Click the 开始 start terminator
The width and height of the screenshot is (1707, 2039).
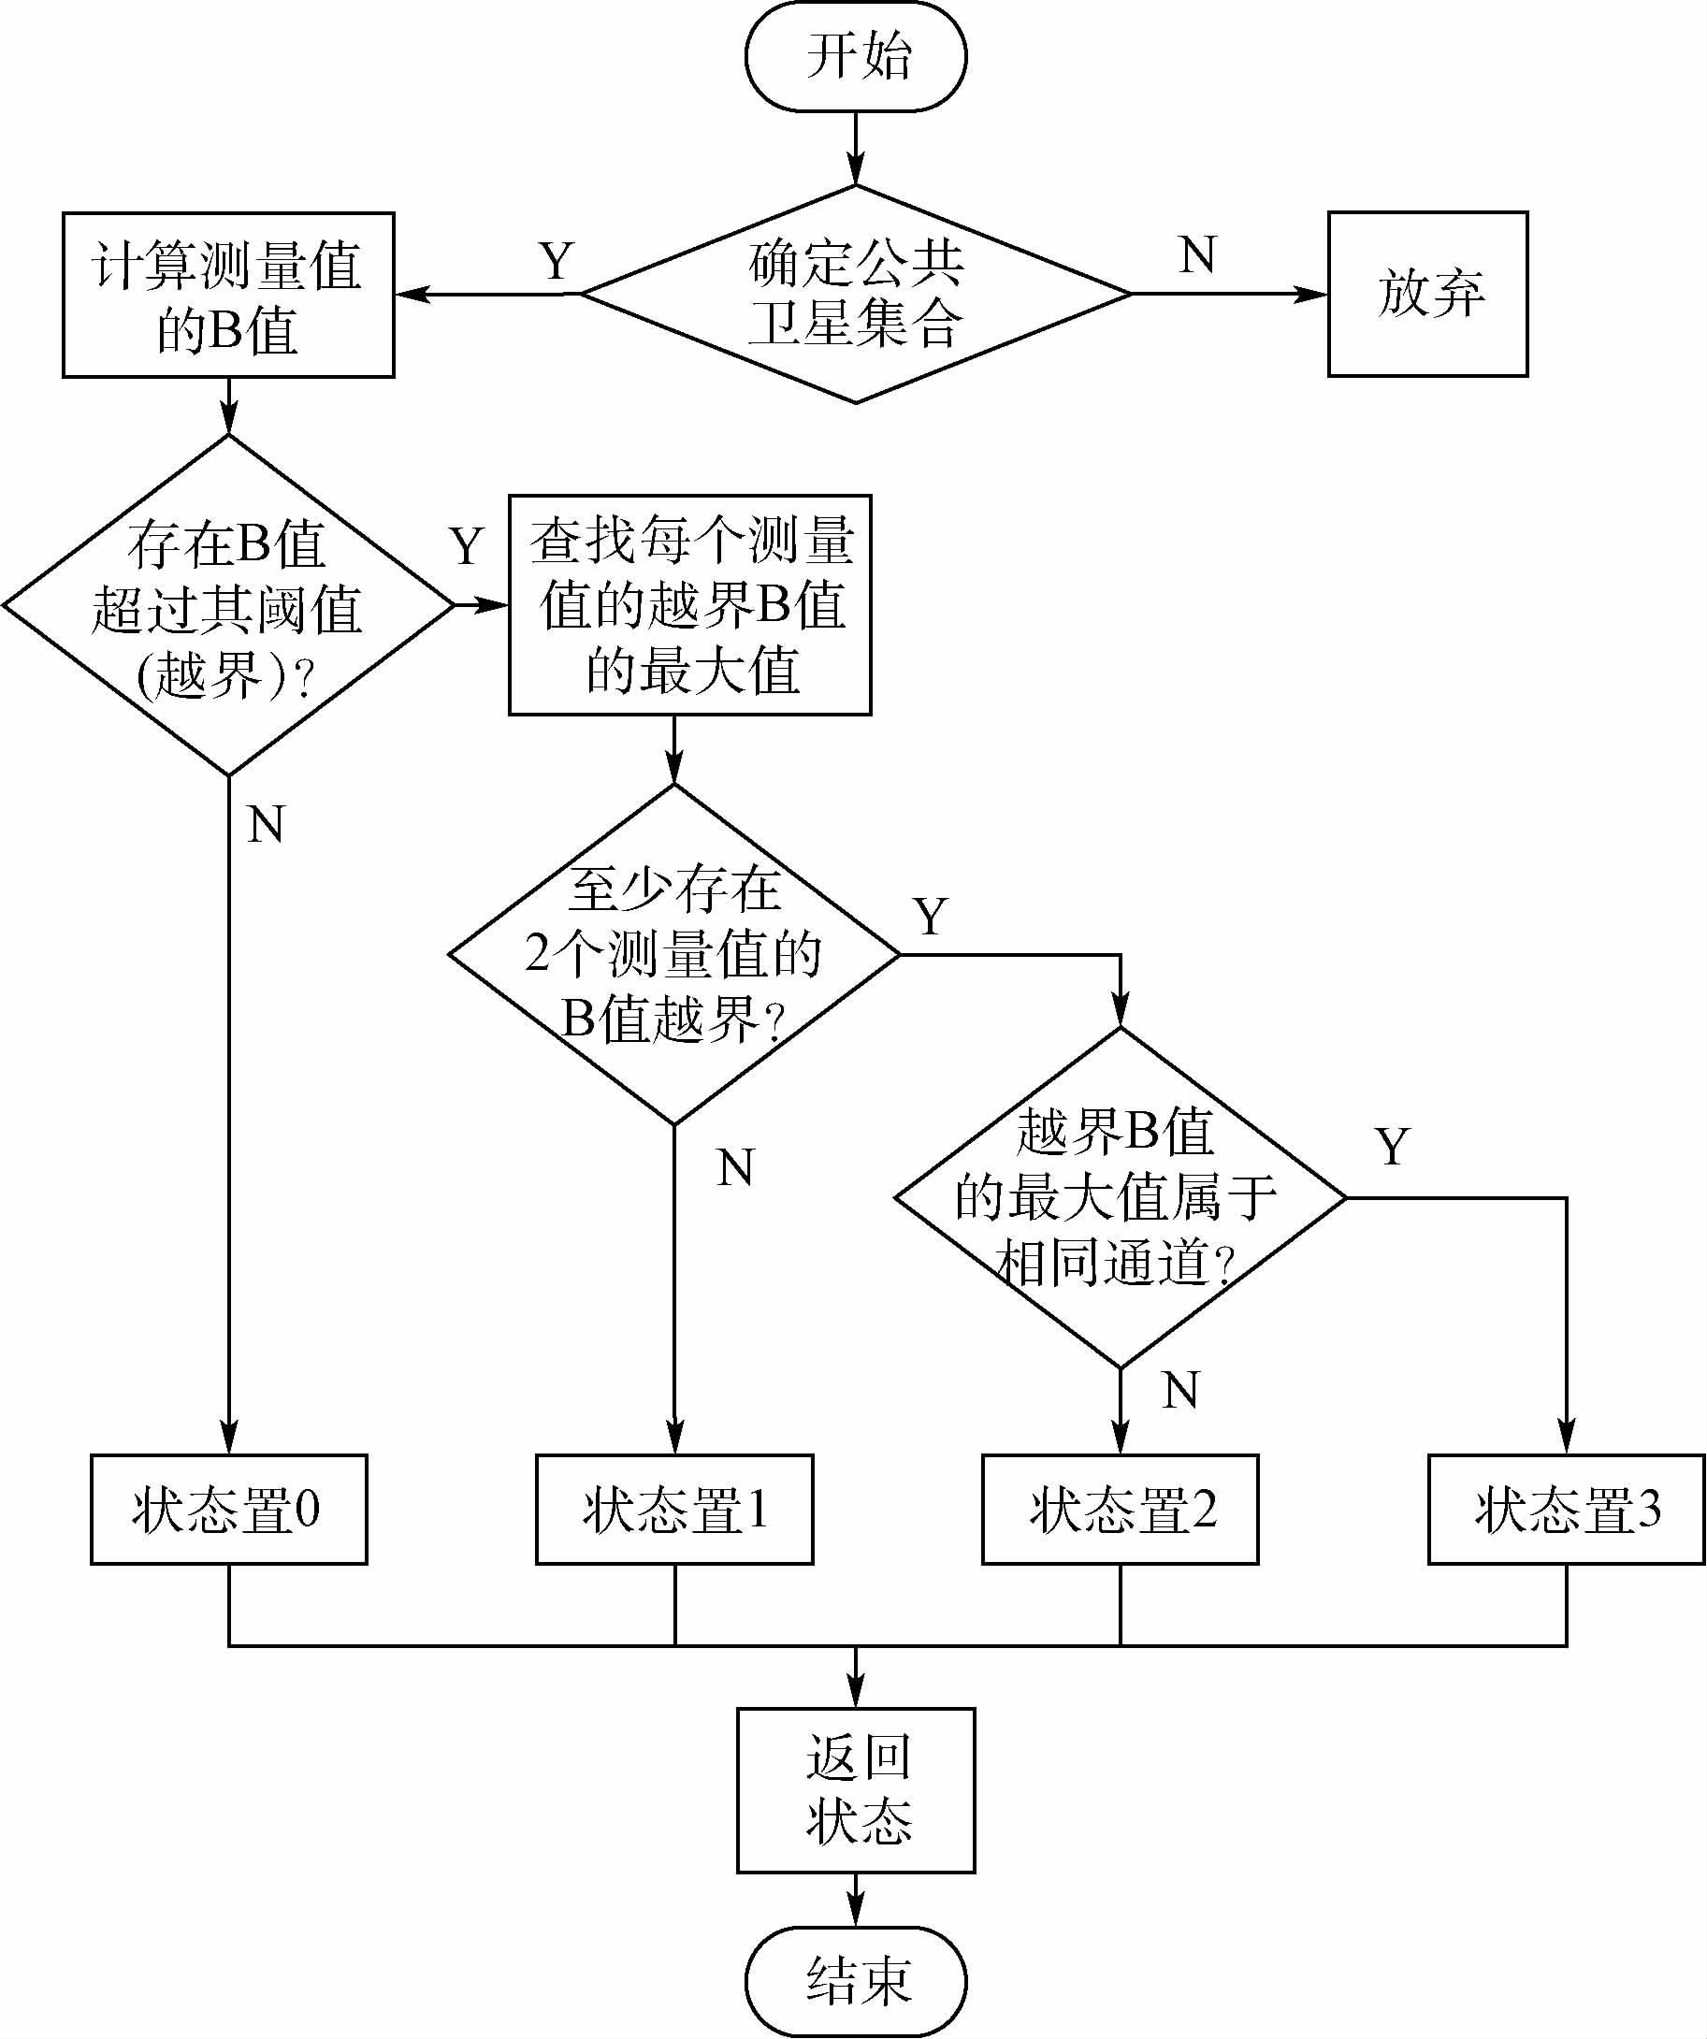[856, 56]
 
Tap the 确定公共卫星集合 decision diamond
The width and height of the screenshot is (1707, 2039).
[856, 294]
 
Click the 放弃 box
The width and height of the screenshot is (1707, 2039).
[1427, 294]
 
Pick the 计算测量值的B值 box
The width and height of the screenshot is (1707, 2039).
[228, 295]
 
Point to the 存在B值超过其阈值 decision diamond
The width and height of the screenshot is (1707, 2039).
[228, 605]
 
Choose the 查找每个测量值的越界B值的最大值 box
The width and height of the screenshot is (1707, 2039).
[689, 605]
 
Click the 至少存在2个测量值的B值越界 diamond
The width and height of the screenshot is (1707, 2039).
[673, 954]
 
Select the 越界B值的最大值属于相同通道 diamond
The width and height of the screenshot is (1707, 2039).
[1120, 1198]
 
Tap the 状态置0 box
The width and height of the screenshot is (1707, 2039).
[228, 1510]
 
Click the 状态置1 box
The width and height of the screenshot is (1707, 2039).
[673, 1510]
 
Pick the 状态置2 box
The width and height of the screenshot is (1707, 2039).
[1120, 1510]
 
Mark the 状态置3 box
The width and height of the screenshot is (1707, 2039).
[1566, 1510]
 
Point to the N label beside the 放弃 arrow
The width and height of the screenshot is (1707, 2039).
[1197, 255]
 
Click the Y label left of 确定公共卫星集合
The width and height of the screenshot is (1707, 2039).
[557, 260]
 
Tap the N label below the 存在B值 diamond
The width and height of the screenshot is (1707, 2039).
[266, 824]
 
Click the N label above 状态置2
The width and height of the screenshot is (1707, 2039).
[1179, 1391]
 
